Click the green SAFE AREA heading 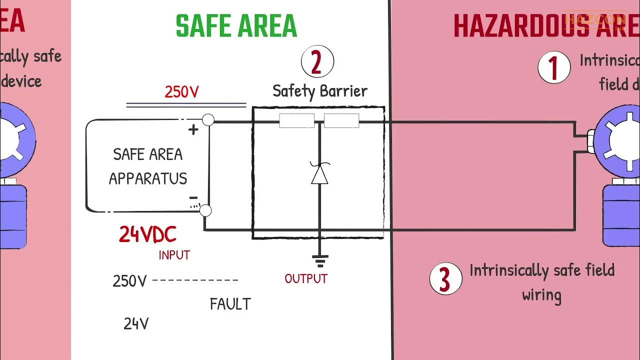click(x=236, y=26)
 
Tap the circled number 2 click(x=317, y=63)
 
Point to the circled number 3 click(x=445, y=278)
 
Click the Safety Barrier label click(x=320, y=91)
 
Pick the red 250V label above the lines click(x=182, y=92)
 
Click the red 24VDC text click(x=147, y=234)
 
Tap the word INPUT click(x=174, y=255)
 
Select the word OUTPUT click(x=306, y=278)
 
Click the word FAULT click(x=230, y=304)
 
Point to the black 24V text click(x=136, y=324)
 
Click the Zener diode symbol click(x=319, y=173)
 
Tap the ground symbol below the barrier click(x=319, y=260)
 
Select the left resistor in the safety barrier click(x=296, y=121)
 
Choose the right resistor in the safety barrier click(x=341, y=121)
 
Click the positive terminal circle click(x=208, y=120)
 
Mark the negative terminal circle click(x=205, y=211)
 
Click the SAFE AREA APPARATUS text click(x=148, y=166)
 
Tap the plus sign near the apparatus click(x=193, y=130)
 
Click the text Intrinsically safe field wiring click(x=542, y=282)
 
